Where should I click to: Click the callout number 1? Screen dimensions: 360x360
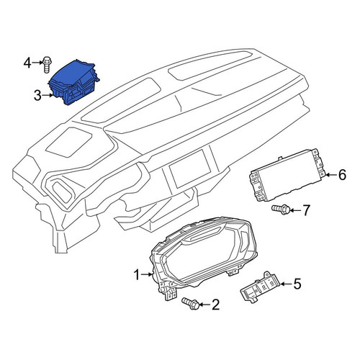click(137, 275)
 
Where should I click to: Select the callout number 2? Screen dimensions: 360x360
click(215, 305)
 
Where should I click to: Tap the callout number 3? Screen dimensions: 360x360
click(37, 96)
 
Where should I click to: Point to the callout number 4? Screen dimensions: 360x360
click(27, 63)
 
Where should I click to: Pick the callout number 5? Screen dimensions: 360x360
click(297, 284)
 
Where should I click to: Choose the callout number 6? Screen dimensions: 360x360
click(342, 175)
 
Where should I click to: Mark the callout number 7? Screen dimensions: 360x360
click(305, 210)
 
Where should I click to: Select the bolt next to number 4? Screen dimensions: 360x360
click(47, 64)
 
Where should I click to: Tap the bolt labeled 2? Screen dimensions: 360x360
click(190, 304)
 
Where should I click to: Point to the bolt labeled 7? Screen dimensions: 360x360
click(281, 209)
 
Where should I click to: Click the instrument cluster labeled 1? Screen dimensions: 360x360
click(203, 257)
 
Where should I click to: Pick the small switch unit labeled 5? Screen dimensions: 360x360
click(261, 287)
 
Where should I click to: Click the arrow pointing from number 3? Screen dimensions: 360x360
click(48, 96)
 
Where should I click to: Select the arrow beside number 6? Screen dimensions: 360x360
click(332, 175)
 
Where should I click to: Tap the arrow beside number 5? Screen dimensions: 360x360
click(286, 284)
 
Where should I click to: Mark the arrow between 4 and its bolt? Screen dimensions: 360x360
click(37, 63)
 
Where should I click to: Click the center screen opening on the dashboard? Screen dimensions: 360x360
click(190, 168)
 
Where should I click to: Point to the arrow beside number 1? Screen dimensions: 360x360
click(147, 274)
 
